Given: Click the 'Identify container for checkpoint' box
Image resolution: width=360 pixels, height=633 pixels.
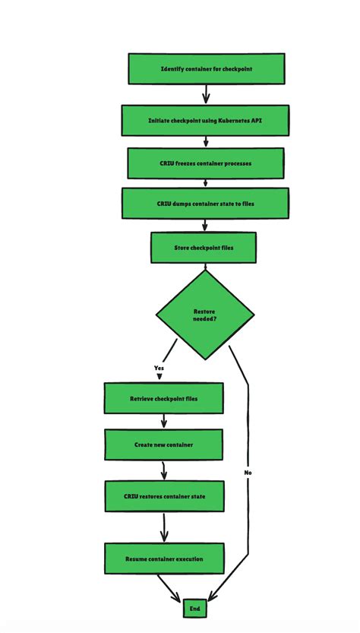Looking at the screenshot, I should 206,69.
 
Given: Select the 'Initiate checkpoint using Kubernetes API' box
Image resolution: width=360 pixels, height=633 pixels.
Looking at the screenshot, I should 205,120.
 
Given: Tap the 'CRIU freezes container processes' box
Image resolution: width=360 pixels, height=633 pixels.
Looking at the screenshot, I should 206,163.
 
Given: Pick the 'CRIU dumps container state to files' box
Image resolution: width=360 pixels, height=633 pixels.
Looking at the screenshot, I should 205,203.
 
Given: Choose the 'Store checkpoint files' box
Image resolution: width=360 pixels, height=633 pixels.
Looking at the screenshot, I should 204,247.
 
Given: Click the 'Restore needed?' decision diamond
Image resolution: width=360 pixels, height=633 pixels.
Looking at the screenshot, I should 205,315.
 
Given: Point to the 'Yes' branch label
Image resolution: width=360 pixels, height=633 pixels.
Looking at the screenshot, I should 159,368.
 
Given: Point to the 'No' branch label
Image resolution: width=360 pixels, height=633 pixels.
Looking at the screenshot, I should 248,473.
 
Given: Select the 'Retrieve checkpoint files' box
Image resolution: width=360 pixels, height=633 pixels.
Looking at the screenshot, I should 163,398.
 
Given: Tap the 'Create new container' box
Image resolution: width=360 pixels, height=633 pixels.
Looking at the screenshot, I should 163,445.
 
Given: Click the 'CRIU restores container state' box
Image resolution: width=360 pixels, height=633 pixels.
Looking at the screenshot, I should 164,496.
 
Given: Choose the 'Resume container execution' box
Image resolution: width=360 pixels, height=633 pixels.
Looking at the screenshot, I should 164,559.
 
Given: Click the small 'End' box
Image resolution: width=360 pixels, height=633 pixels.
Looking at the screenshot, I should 194,609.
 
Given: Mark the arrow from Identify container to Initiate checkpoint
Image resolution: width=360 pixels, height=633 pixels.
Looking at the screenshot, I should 206,93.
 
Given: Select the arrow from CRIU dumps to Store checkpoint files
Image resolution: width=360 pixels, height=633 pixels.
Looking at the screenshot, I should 205,225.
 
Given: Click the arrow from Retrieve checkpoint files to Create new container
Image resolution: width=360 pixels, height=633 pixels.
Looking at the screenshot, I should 164,421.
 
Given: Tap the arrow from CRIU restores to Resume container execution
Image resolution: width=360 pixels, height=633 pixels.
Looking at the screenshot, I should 164,527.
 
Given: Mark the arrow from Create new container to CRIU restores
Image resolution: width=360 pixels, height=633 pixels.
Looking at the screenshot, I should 164,470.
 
